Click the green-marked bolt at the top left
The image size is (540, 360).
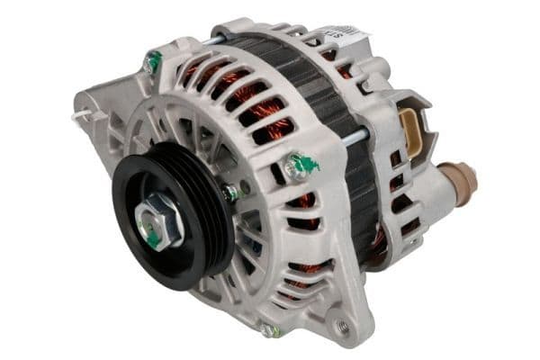[x=153, y=62]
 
